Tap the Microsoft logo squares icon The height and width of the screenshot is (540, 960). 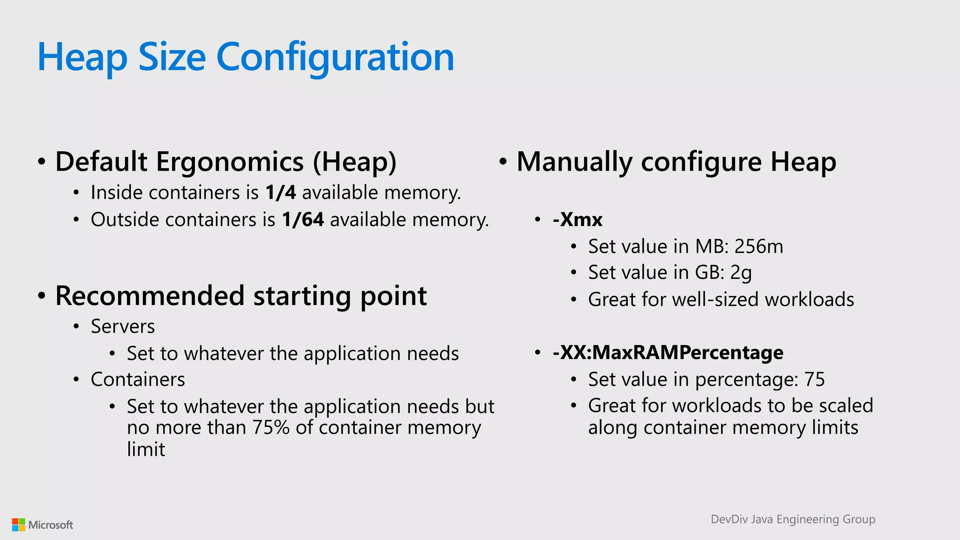pyautogui.click(x=19, y=525)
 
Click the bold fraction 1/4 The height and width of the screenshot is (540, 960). pyautogui.click(x=280, y=193)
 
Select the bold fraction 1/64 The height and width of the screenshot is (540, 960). pyautogui.click(x=302, y=220)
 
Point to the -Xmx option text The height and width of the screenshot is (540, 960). pyautogui.click(x=577, y=220)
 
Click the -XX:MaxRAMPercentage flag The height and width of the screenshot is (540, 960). pyautogui.click(x=667, y=352)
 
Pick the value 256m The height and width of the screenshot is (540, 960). pyautogui.click(x=758, y=247)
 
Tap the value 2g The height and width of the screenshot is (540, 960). pyautogui.click(x=741, y=273)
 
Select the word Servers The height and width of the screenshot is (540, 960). pyautogui.click(x=123, y=327)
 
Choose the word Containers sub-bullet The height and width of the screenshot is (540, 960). pyautogui.click(x=138, y=380)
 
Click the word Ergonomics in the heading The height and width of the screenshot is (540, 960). pyautogui.click(x=230, y=162)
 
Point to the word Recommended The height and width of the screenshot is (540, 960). pyautogui.click(x=150, y=296)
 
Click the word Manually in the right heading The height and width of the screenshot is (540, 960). pyautogui.click(x=574, y=162)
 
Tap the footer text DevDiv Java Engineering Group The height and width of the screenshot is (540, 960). pyautogui.click(x=793, y=519)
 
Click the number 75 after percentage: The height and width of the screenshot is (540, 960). pyautogui.click(x=814, y=380)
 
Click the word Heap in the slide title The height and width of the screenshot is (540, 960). pyautogui.click(x=82, y=57)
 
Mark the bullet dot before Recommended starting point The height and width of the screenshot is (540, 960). pyautogui.click(x=42, y=296)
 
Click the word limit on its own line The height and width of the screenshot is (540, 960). pyautogui.click(x=146, y=450)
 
